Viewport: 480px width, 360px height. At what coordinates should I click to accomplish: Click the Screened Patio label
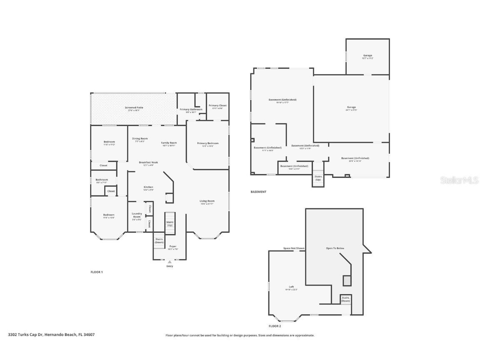(x=134, y=108)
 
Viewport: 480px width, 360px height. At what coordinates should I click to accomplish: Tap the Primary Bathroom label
(x=191, y=110)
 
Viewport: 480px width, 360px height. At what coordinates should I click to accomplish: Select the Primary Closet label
(x=217, y=106)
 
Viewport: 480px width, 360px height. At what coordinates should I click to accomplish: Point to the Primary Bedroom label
(x=207, y=143)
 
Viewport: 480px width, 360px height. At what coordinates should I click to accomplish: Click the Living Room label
(x=207, y=201)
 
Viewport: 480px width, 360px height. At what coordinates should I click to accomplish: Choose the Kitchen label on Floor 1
(x=148, y=187)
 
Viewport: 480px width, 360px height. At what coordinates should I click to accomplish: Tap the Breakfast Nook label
(x=148, y=162)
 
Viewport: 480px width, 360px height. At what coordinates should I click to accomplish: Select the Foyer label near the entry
(x=172, y=247)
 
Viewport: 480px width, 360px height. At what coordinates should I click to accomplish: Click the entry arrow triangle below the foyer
(x=170, y=262)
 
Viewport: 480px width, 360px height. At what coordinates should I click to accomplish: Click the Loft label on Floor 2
(x=292, y=287)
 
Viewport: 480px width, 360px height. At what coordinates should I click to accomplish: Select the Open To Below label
(x=335, y=248)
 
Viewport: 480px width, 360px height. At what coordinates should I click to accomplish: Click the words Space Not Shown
(x=294, y=248)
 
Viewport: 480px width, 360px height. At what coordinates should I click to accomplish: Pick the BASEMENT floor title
(x=258, y=192)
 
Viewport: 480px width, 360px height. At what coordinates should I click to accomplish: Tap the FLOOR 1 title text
(x=97, y=272)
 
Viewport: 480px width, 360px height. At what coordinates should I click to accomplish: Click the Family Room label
(x=168, y=143)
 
